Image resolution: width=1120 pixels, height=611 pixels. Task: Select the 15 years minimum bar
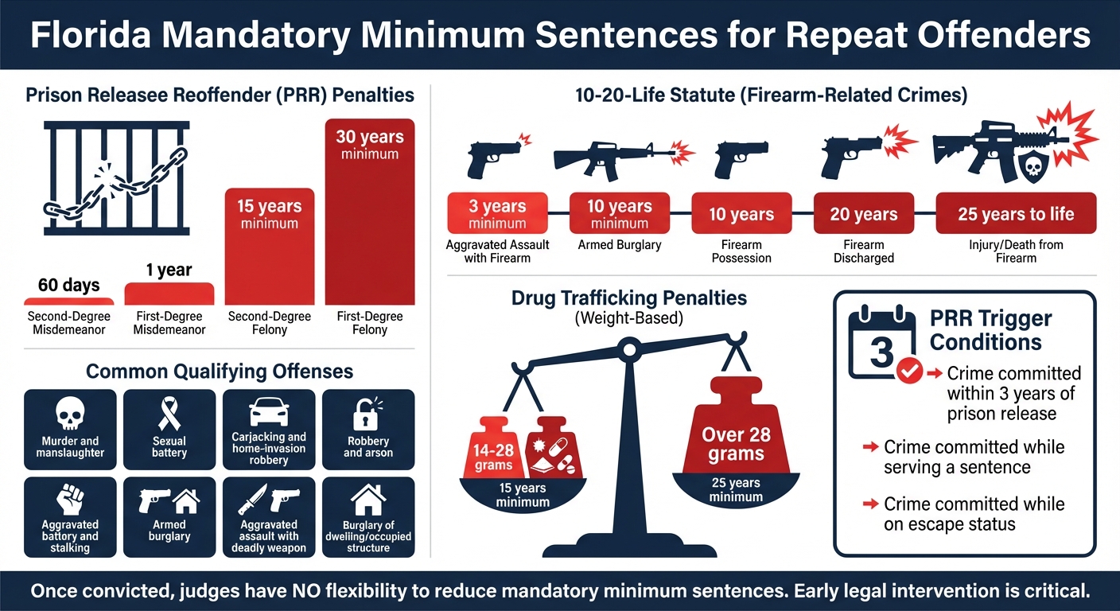(x=270, y=247)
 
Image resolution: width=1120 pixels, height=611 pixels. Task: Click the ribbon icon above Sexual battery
(x=169, y=412)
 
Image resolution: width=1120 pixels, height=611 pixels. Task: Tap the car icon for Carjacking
(x=269, y=412)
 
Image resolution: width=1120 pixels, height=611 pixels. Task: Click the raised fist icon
(x=70, y=500)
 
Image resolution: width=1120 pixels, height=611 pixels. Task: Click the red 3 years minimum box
(x=498, y=213)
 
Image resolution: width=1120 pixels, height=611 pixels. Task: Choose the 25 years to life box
(x=1015, y=213)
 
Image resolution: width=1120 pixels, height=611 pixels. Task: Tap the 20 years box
(x=863, y=213)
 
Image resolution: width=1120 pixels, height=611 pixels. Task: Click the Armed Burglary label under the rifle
(x=619, y=245)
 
